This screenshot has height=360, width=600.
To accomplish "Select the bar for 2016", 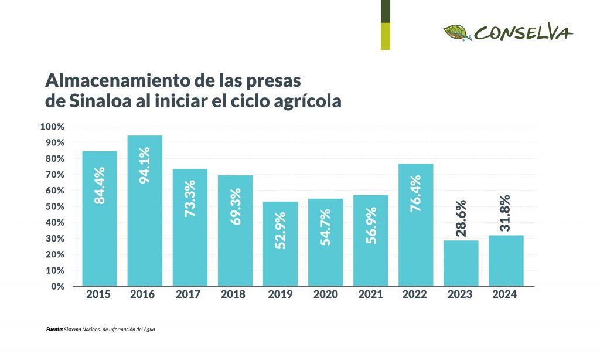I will point(145,210).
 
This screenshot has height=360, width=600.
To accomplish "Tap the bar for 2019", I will point(280,243).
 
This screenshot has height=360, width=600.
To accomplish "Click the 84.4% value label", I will point(100,185).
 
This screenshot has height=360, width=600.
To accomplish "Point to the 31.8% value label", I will point(506,213).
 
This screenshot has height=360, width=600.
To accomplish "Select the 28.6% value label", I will point(461,218).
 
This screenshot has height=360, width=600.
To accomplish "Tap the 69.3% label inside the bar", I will point(236,206).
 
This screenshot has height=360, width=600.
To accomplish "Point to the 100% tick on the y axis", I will point(52,127).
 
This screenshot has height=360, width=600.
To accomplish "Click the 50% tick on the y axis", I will point(54,206).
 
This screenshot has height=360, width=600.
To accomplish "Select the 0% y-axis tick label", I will point(57,286).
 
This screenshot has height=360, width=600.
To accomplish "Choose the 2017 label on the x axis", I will point(187,295).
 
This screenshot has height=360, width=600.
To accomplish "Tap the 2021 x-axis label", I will point(370,295).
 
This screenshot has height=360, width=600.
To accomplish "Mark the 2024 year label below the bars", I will point(505,295).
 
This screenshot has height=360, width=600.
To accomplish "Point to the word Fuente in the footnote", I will point(54,330).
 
